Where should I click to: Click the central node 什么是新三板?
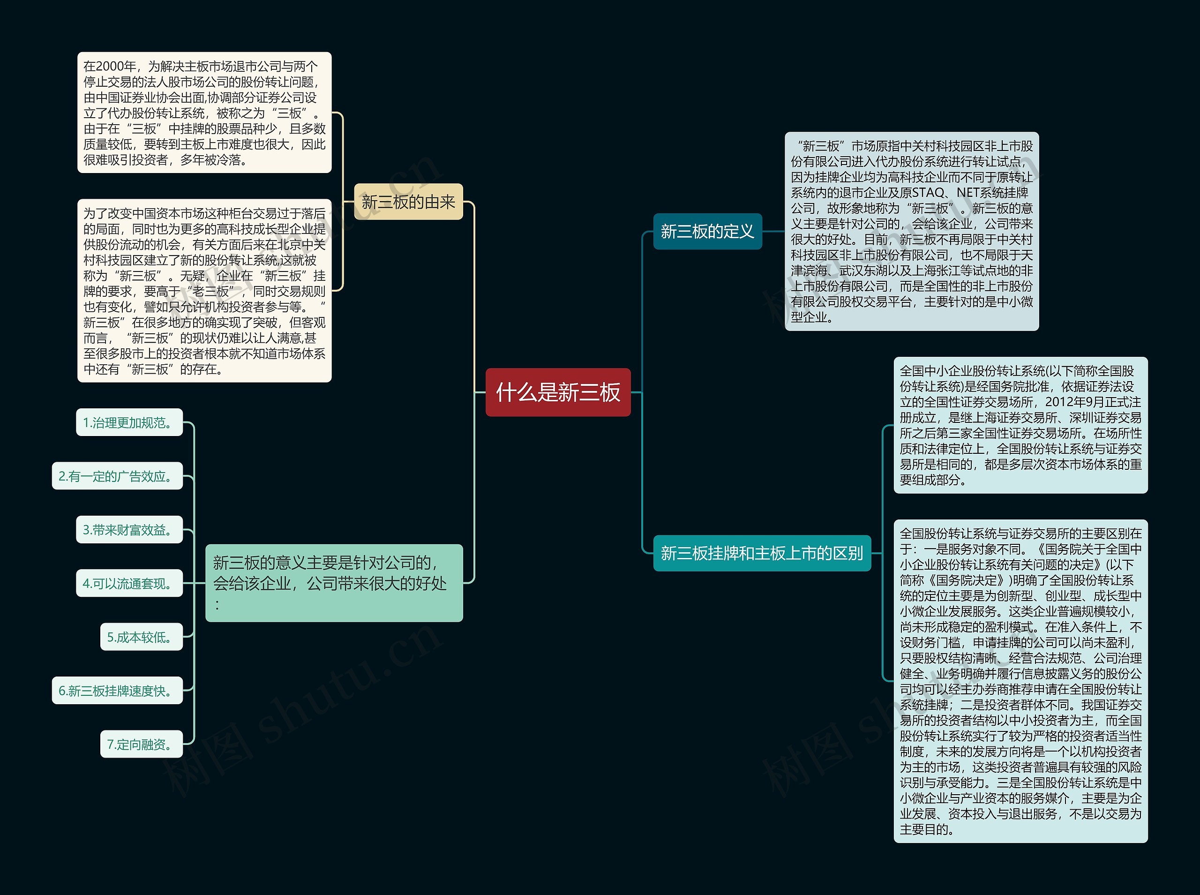pyautogui.click(x=558, y=392)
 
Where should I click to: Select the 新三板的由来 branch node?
pyautogui.click(x=408, y=202)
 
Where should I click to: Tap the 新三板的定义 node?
pyautogui.click(x=707, y=232)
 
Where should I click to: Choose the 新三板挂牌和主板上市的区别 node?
pyautogui.click(x=761, y=553)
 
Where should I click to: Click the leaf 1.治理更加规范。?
pyautogui.click(x=129, y=422)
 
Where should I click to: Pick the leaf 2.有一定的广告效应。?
pyautogui.click(x=117, y=476)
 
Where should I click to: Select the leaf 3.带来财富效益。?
pyautogui.click(x=129, y=530)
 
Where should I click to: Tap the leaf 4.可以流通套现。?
pyautogui.click(x=129, y=584)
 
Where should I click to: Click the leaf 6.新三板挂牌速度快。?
pyautogui.click(x=117, y=691)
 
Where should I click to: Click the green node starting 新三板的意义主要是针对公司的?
pyautogui.click(x=334, y=583)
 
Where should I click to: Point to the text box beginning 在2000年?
pyautogui.click(x=204, y=113)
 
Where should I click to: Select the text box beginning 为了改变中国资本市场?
pyautogui.click(x=204, y=291)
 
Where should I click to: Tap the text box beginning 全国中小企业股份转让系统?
pyautogui.click(x=1020, y=425)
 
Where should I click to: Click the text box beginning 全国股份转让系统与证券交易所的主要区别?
pyautogui.click(x=1020, y=681)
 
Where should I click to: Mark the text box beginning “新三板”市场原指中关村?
pyautogui.click(x=911, y=231)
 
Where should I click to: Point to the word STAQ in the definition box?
pyautogui.click(x=928, y=193)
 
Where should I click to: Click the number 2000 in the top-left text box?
pyautogui.click(x=111, y=67)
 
